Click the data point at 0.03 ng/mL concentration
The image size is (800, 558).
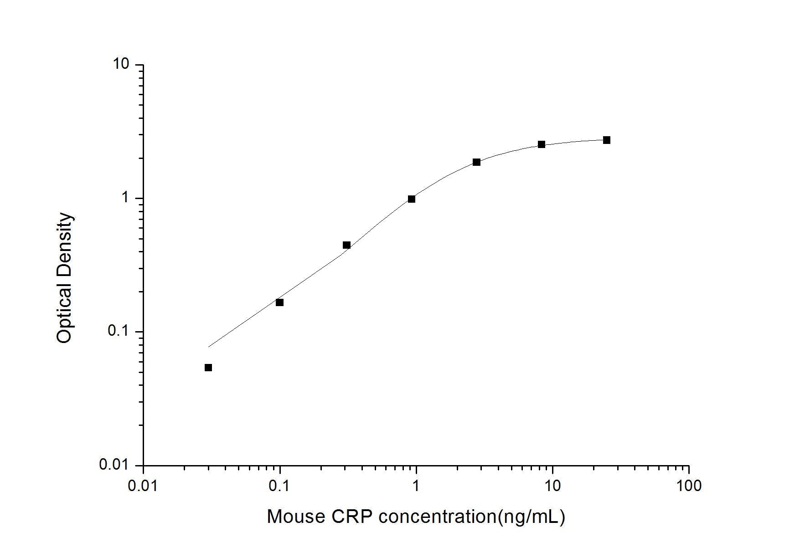click(208, 368)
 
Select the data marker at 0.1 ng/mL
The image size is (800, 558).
click(279, 302)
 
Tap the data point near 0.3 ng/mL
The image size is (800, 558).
click(346, 245)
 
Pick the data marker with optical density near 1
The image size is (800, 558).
click(412, 199)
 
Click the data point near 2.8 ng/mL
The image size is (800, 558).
click(477, 162)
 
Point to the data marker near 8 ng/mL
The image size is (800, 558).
click(542, 144)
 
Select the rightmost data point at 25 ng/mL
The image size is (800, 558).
click(607, 140)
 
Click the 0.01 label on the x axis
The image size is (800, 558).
click(144, 486)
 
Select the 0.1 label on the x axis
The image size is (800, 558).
click(279, 486)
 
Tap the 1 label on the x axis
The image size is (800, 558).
click(416, 486)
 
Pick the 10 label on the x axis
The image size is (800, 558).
click(552, 486)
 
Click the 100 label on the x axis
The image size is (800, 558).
click(689, 486)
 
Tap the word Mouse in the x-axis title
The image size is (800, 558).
click(296, 517)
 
